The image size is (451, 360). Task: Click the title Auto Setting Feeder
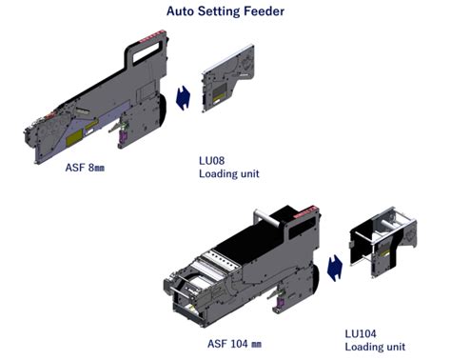pos(225,11)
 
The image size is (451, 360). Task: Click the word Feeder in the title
pos(264,11)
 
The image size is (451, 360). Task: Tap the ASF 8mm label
pos(85,168)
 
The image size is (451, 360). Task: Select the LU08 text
pos(212,161)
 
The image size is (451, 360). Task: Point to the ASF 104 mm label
pos(234,344)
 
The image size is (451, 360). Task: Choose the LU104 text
pos(361,333)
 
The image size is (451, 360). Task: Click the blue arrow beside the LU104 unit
pos(335,268)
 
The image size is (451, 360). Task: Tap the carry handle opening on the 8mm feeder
pos(147,52)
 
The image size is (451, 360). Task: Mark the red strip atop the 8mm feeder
pos(153,36)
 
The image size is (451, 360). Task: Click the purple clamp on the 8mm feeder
pos(122,137)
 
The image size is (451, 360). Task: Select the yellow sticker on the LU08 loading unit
pos(220,92)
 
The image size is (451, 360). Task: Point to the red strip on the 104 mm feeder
pos(305,212)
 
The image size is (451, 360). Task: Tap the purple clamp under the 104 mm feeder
pos(279,305)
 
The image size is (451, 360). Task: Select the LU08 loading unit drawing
pos(227,78)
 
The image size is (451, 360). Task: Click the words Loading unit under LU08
pos(229,174)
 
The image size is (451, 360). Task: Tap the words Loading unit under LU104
pos(375,347)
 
